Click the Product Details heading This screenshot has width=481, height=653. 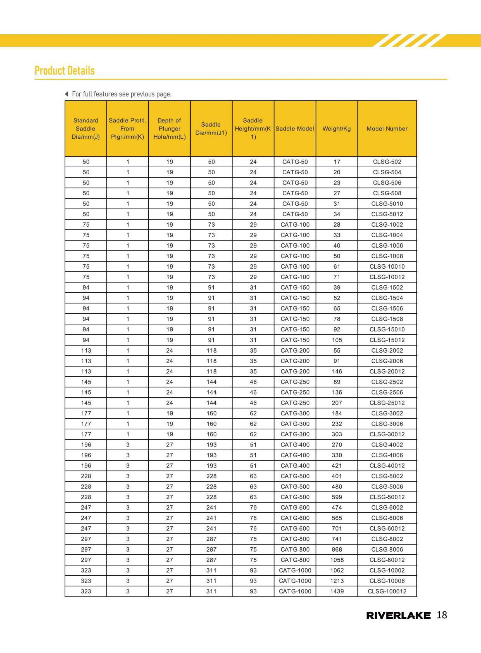click(x=65, y=71)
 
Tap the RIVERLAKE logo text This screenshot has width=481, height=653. click(x=398, y=615)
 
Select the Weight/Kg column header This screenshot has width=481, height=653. click(x=337, y=128)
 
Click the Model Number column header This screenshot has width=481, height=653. click(x=387, y=128)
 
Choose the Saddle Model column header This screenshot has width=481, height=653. click(x=295, y=128)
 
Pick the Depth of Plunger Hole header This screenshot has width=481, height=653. click(x=169, y=128)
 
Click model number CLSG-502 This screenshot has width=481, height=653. click(x=387, y=162)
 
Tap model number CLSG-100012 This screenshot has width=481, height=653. click(x=387, y=591)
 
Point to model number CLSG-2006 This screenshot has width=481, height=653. click(x=387, y=361)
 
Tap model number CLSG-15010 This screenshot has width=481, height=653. click(x=387, y=329)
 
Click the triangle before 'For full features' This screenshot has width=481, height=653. click(x=67, y=94)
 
